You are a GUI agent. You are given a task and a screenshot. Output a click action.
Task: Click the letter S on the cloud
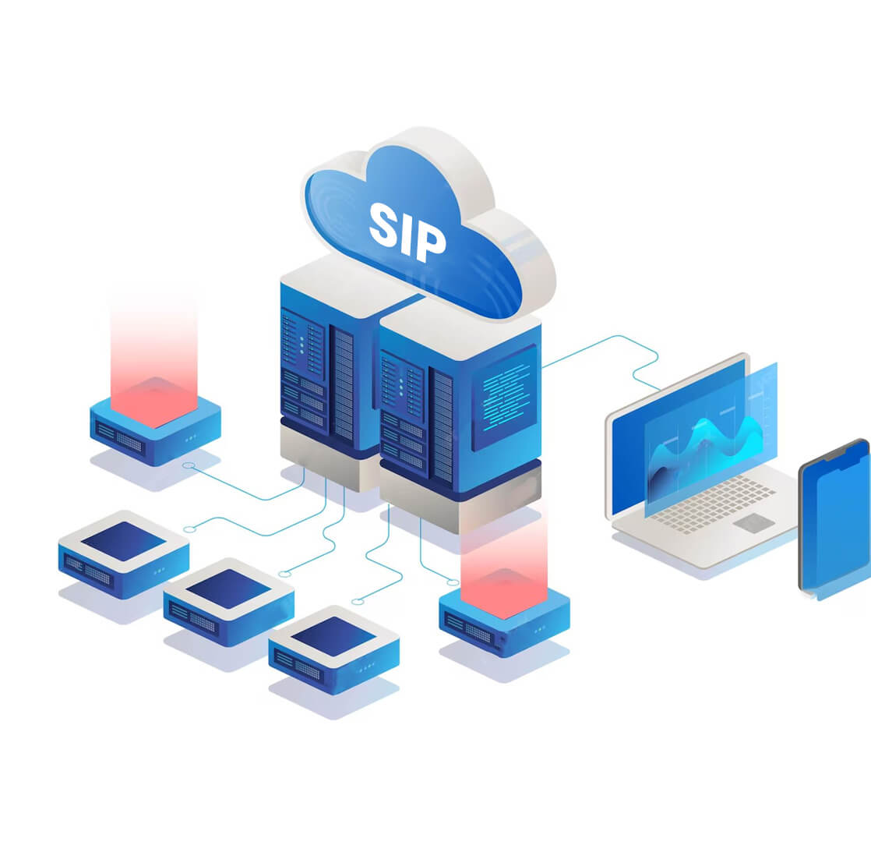tap(386, 221)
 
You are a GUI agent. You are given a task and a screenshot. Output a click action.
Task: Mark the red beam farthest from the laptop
tap(153, 359)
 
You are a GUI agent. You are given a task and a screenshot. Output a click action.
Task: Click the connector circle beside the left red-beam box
tap(188, 465)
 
